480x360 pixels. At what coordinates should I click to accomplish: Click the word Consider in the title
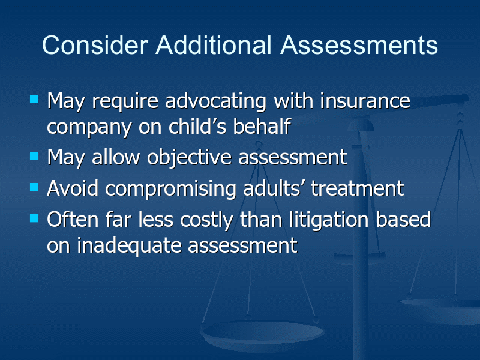95,46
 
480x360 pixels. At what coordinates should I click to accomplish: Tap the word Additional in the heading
214,46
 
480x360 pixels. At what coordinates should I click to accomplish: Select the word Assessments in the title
359,46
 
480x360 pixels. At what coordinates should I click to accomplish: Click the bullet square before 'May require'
34,99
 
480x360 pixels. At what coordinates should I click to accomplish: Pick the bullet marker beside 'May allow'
34,156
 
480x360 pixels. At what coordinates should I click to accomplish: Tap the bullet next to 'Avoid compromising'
34,187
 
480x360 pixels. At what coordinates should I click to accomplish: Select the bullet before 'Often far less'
34,218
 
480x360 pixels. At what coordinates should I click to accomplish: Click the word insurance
365,101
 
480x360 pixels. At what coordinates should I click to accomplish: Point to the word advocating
216,101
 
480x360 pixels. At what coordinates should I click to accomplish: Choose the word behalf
262,126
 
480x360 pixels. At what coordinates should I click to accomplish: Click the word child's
197,126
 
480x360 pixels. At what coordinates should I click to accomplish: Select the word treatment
358,188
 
